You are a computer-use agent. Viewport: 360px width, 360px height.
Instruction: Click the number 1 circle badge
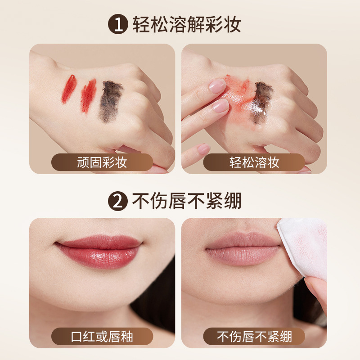point(118,25)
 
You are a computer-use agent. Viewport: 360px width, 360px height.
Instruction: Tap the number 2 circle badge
point(118,201)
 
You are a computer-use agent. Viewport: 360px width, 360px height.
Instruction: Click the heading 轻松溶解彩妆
point(186,25)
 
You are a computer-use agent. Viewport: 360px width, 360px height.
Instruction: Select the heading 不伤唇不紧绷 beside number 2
point(186,201)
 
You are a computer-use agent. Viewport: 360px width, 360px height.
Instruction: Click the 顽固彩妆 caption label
point(102,162)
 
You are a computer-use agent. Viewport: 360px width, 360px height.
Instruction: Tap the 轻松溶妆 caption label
point(254,162)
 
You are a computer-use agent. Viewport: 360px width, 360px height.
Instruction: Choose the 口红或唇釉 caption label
point(102,336)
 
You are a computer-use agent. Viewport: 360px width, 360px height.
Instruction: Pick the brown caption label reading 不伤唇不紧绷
point(254,336)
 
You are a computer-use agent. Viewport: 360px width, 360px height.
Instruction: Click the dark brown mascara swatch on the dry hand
point(110,100)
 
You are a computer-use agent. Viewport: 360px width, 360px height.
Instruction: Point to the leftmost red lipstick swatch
point(68,89)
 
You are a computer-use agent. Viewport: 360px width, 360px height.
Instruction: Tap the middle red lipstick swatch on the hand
point(88,95)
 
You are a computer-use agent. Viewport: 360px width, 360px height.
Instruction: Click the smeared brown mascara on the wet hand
point(262,102)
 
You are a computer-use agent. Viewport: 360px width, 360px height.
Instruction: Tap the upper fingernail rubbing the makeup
point(217,86)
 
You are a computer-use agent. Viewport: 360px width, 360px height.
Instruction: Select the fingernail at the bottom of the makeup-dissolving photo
point(203,149)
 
